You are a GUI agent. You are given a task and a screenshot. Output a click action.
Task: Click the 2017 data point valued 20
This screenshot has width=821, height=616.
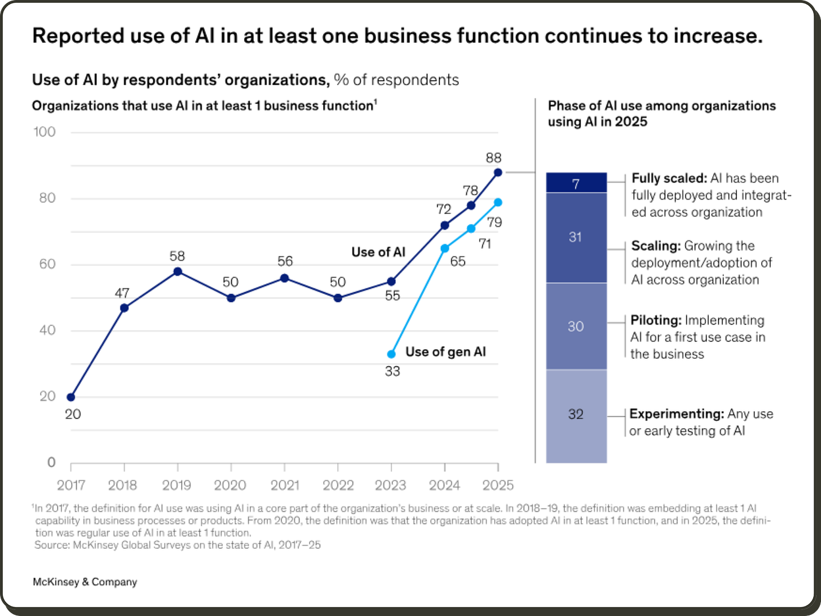point(71,397)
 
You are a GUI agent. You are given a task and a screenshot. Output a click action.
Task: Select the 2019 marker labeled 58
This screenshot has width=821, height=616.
point(178,271)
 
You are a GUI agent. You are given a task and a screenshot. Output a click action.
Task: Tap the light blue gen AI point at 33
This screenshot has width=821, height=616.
point(391,354)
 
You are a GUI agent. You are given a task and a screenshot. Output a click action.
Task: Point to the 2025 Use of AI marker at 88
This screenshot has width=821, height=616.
point(498,172)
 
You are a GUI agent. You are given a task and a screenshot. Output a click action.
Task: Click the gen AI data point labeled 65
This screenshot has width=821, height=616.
point(444,248)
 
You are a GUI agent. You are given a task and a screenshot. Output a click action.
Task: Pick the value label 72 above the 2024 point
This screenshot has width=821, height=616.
point(444,209)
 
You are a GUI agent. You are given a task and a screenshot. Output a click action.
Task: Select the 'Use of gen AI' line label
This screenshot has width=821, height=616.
point(445,352)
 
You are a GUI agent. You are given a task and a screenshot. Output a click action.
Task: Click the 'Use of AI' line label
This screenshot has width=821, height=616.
point(378,252)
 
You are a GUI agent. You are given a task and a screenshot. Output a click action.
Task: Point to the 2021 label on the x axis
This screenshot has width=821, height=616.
point(284,485)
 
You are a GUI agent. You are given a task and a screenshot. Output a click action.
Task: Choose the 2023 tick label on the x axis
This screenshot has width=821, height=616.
point(391,485)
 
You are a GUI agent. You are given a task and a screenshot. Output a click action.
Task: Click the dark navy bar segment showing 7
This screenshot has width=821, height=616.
point(576,183)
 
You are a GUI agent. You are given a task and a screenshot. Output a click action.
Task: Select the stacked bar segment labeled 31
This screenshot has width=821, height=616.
point(576,237)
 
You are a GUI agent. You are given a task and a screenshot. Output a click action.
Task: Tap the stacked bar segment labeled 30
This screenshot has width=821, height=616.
point(576,326)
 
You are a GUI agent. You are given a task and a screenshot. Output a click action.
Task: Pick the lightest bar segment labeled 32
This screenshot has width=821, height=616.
point(576,415)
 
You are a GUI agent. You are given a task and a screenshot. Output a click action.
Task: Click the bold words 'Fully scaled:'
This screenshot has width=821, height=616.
point(669,178)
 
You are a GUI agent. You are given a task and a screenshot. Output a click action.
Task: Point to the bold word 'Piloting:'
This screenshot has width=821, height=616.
point(656,320)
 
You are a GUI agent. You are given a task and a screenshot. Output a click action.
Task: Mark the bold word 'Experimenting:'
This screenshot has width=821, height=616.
point(677,413)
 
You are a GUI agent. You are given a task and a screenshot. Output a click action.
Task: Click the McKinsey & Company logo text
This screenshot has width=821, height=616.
point(85,582)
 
